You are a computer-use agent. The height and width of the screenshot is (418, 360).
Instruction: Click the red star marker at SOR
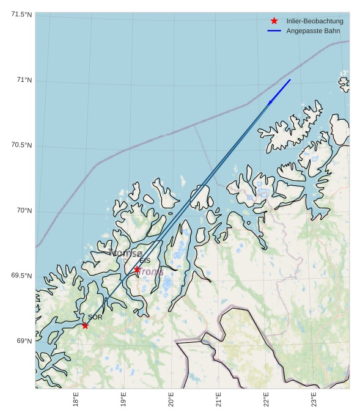[x=85, y=325]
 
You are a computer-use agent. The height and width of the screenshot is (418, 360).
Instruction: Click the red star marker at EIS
[x=137, y=269]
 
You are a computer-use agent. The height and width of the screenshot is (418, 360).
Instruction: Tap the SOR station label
[x=95, y=318]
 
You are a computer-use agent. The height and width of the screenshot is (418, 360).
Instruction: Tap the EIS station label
[x=145, y=261]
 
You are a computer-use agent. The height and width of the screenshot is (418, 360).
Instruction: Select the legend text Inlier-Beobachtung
[x=314, y=21]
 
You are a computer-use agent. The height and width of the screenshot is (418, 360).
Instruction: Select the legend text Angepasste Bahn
[x=313, y=31]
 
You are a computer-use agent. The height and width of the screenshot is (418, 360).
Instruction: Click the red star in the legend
[x=274, y=21]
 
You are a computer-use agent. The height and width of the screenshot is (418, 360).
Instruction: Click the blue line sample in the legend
[x=274, y=31]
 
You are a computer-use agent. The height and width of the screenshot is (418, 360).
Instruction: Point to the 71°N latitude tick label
[x=24, y=80]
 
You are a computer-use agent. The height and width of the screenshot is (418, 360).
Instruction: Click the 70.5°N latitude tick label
[x=21, y=145]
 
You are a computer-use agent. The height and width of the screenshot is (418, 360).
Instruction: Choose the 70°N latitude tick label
[x=24, y=211]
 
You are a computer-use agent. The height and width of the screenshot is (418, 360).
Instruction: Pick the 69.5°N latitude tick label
[x=21, y=276]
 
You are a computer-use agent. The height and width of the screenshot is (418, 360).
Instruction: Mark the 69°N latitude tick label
[x=24, y=341]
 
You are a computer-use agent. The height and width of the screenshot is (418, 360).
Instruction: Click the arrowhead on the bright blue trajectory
[x=270, y=102]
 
